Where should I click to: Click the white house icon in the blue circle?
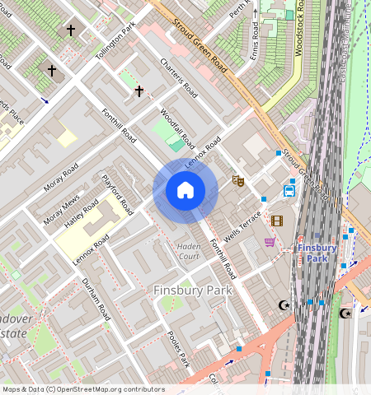[185, 191]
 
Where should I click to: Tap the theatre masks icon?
[238, 179]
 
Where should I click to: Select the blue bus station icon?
[289, 191]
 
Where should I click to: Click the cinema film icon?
[276, 221]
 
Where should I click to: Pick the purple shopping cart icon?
[270, 241]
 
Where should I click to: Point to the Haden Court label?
[188, 251]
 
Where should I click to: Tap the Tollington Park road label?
[115, 45]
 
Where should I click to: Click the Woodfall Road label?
[176, 127]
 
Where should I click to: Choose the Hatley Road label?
[82, 216]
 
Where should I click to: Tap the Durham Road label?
[96, 299]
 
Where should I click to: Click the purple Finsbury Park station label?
[317, 253]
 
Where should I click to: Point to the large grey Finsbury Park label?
[193, 290]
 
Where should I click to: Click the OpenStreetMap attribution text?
[83, 389]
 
